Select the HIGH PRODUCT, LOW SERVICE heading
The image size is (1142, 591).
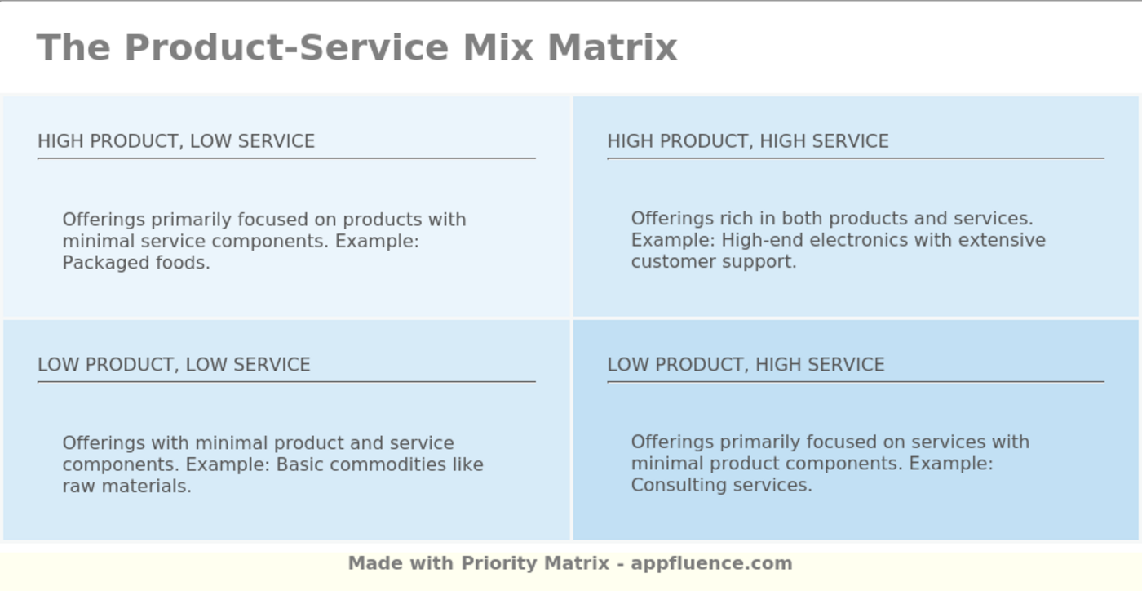coord(176,141)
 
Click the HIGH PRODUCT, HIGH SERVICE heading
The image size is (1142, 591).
coord(748,141)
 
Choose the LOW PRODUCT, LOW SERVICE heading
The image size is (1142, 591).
coord(174,364)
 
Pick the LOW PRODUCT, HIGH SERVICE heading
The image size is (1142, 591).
coord(746,364)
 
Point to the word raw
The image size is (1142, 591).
coord(78,486)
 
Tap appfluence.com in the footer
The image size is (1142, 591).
coord(711,563)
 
